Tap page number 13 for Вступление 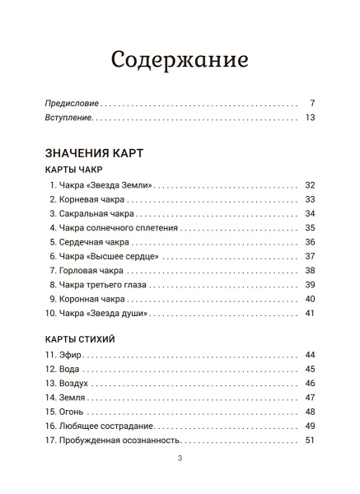pyautogui.click(x=310, y=119)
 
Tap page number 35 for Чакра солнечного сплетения pyautogui.click(x=310, y=228)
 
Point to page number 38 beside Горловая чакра pyautogui.click(x=310, y=271)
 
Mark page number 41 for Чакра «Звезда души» pyautogui.click(x=310, y=314)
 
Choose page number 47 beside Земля pyautogui.click(x=310, y=398)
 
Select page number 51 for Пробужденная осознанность pyautogui.click(x=310, y=441)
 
